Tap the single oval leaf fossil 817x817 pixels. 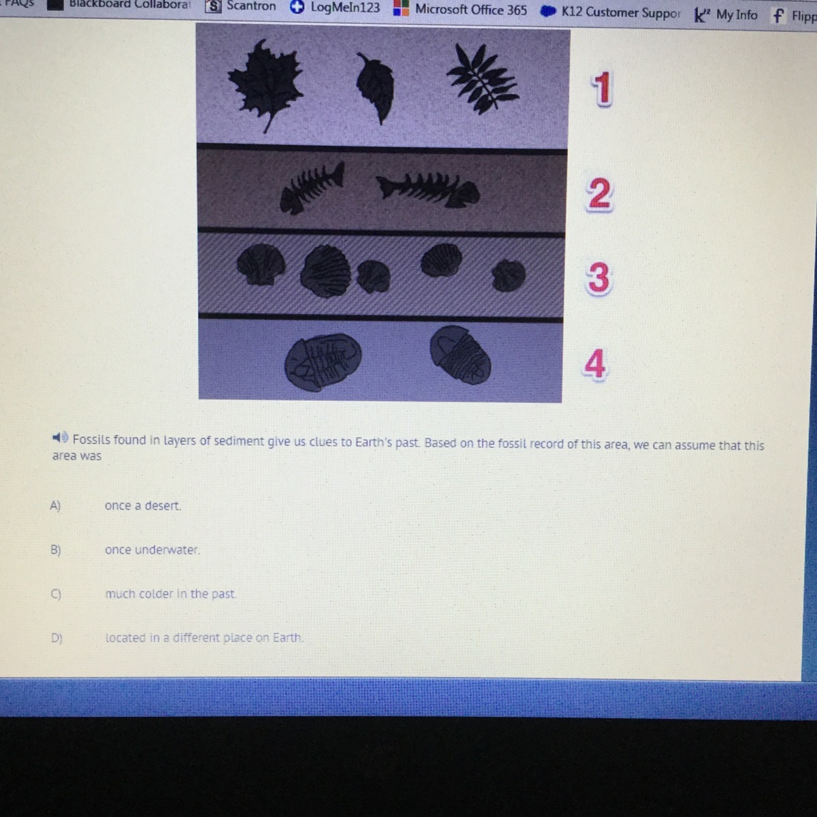click(x=376, y=88)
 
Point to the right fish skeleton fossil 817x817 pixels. click(x=428, y=190)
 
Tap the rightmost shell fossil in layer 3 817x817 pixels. click(x=509, y=275)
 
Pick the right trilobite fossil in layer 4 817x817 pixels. click(x=460, y=355)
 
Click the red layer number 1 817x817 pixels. click(x=601, y=89)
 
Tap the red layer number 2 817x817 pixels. click(x=599, y=194)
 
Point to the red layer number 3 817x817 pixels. click(x=598, y=278)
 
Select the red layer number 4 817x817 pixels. click(x=594, y=364)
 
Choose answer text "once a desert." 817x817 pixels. click(x=143, y=505)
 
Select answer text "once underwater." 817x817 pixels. click(x=153, y=549)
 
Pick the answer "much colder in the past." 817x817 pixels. click(x=170, y=594)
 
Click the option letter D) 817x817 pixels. click(x=57, y=638)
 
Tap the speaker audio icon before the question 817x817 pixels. click(x=60, y=437)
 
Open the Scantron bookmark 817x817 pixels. click(x=241, y=6)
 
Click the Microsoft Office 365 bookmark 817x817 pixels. click(x=460, y=9)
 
